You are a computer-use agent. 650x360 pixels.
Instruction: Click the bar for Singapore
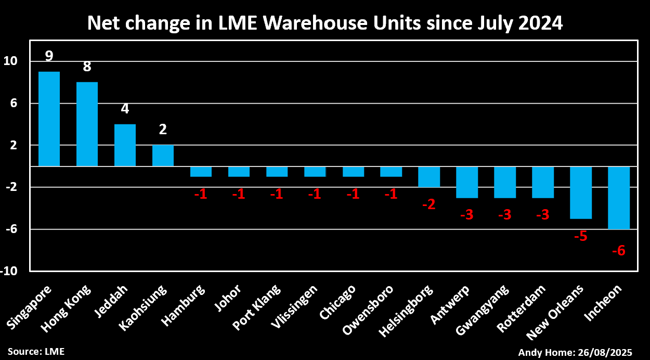49,119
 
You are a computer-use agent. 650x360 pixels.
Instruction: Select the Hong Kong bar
87,124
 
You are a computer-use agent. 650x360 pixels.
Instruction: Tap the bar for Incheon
619,198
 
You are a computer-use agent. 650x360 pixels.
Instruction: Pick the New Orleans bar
581,192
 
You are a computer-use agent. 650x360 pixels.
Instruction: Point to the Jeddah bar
125,145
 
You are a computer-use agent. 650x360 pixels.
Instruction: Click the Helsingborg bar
429,177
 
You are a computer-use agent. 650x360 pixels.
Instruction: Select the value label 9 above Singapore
49,56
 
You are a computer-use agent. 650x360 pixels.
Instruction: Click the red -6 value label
618,251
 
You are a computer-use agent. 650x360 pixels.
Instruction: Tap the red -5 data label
580,237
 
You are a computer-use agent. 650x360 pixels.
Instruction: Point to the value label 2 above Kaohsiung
163,130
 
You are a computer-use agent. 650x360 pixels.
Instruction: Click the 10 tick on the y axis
11,61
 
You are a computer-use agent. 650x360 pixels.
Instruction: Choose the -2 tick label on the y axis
11,187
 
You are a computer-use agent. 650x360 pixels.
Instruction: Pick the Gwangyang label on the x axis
482,310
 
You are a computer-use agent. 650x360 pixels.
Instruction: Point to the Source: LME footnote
36,352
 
